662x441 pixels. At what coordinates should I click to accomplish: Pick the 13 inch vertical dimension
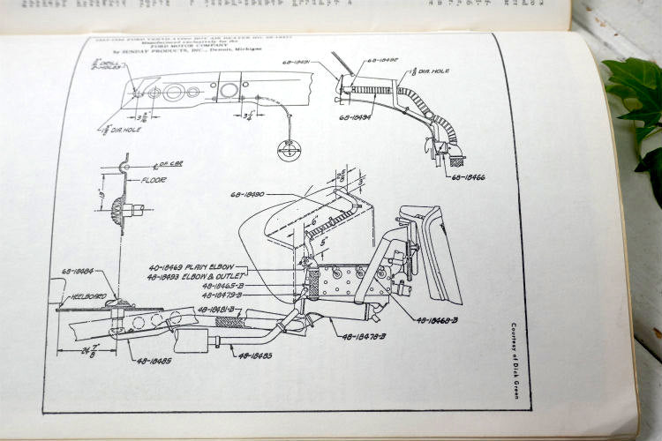point(103,193)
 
